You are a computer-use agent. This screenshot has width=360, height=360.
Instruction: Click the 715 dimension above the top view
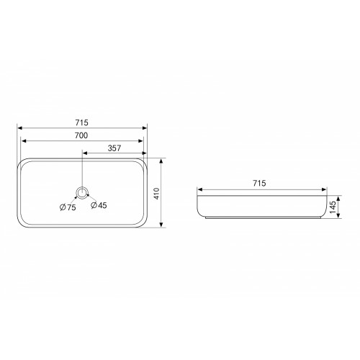click(x=82, y=122)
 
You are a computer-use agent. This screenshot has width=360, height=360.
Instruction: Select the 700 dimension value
click(x=81, y=135)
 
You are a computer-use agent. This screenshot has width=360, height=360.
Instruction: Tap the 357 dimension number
click(x=114, y=148)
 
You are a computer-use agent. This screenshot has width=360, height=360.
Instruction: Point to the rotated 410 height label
click(x=156, y=194)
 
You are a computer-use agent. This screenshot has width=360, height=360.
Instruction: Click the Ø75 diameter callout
click(x=68, y=207)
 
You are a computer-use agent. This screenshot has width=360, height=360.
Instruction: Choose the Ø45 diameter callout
click(x=99, y=205)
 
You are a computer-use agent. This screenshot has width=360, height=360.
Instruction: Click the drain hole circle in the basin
click(x=82, y=193)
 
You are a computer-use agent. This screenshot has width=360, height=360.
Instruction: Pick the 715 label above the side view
click(x=259, y=184)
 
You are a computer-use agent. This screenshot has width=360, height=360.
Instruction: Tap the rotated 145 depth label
click(x=333, y=207)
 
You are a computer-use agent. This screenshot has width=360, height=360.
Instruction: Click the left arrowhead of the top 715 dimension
click(x=20, y=128)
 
